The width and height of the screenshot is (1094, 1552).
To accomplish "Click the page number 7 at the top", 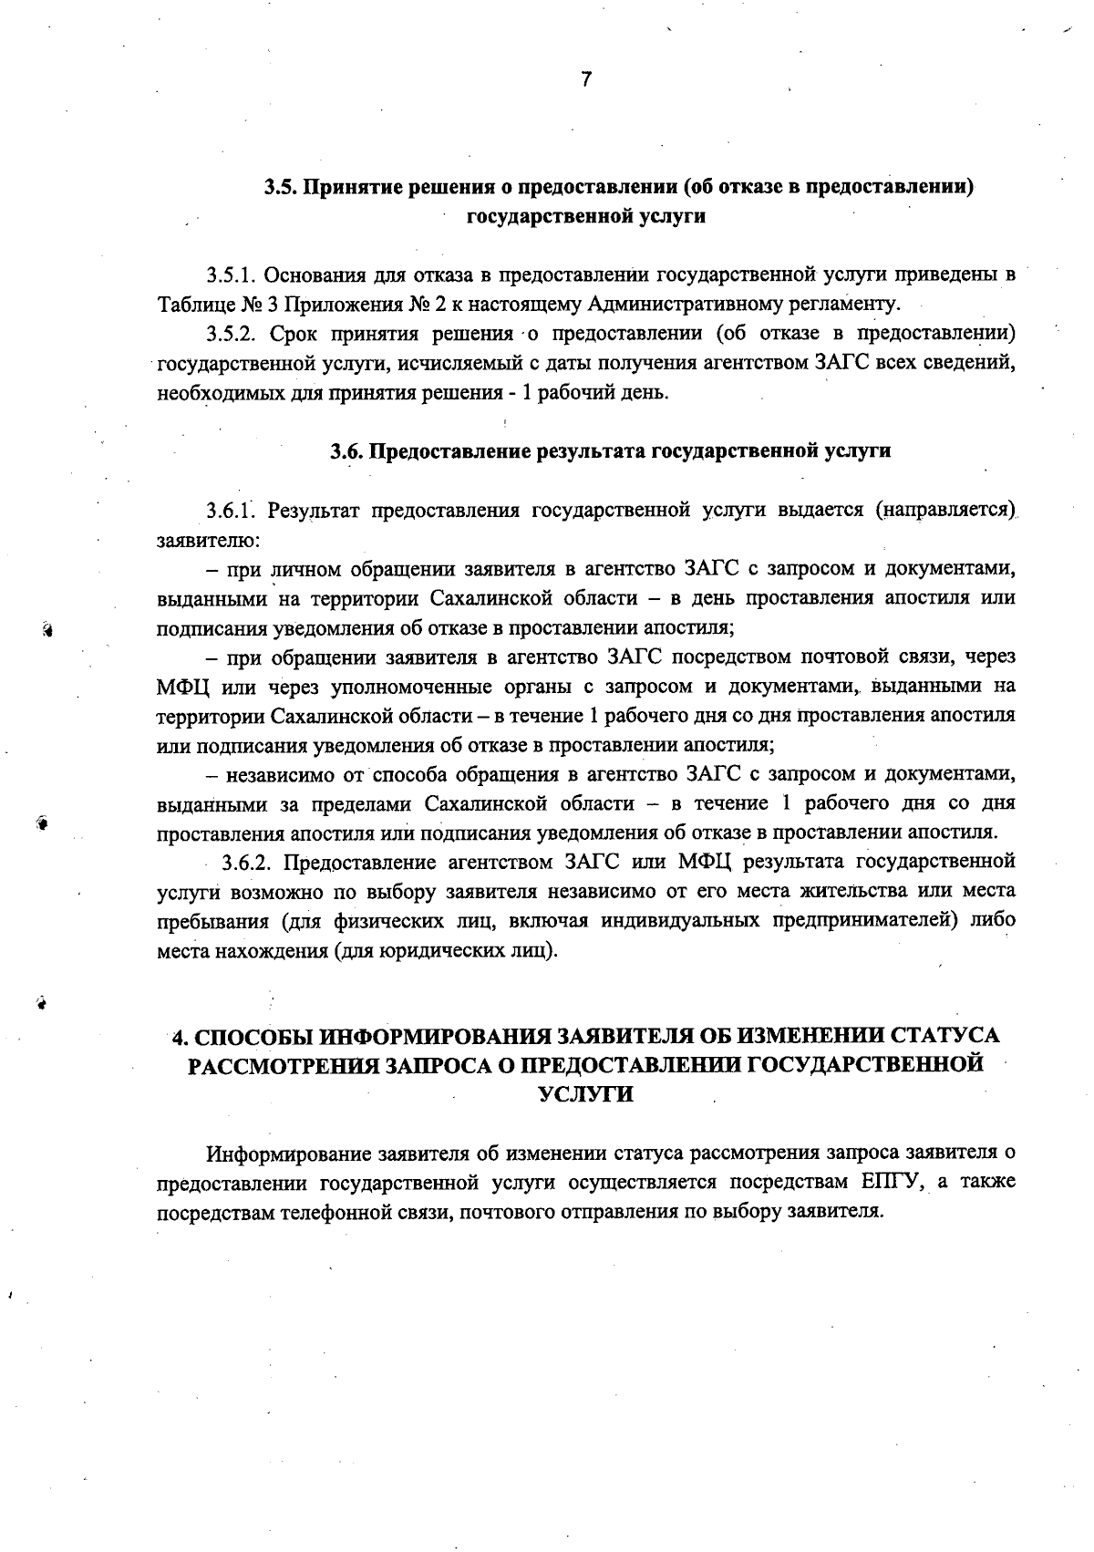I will coord(585,79).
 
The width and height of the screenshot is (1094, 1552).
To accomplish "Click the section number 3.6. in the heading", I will coord(347,450).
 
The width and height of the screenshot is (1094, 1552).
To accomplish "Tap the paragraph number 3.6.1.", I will coord(232,510).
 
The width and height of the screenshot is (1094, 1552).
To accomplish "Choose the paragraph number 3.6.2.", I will coord(251,862).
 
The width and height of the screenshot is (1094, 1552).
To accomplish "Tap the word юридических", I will coord(426,951).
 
